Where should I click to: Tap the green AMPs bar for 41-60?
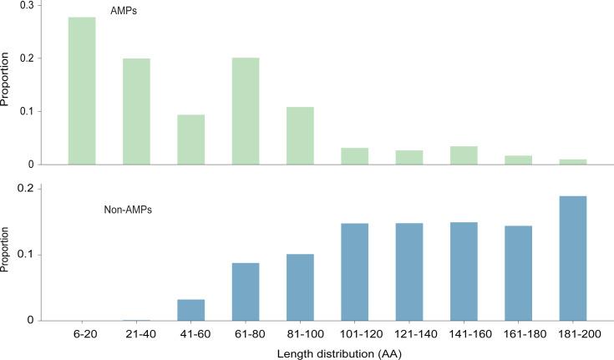pyautogui.click(x=191, y=139)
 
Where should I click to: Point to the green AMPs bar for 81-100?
pyautogui.click(x=300, y=136)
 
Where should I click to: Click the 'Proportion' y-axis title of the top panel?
pyautogui.click(x=7, y=85)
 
